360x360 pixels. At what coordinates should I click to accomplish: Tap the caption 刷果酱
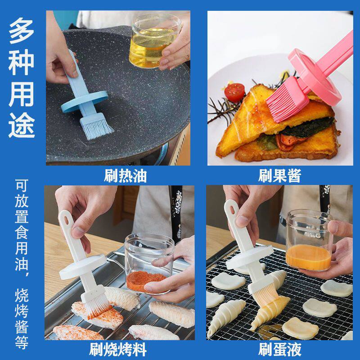279,175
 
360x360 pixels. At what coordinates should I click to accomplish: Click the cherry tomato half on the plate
234,92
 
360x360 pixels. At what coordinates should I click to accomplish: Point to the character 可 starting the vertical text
22,185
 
